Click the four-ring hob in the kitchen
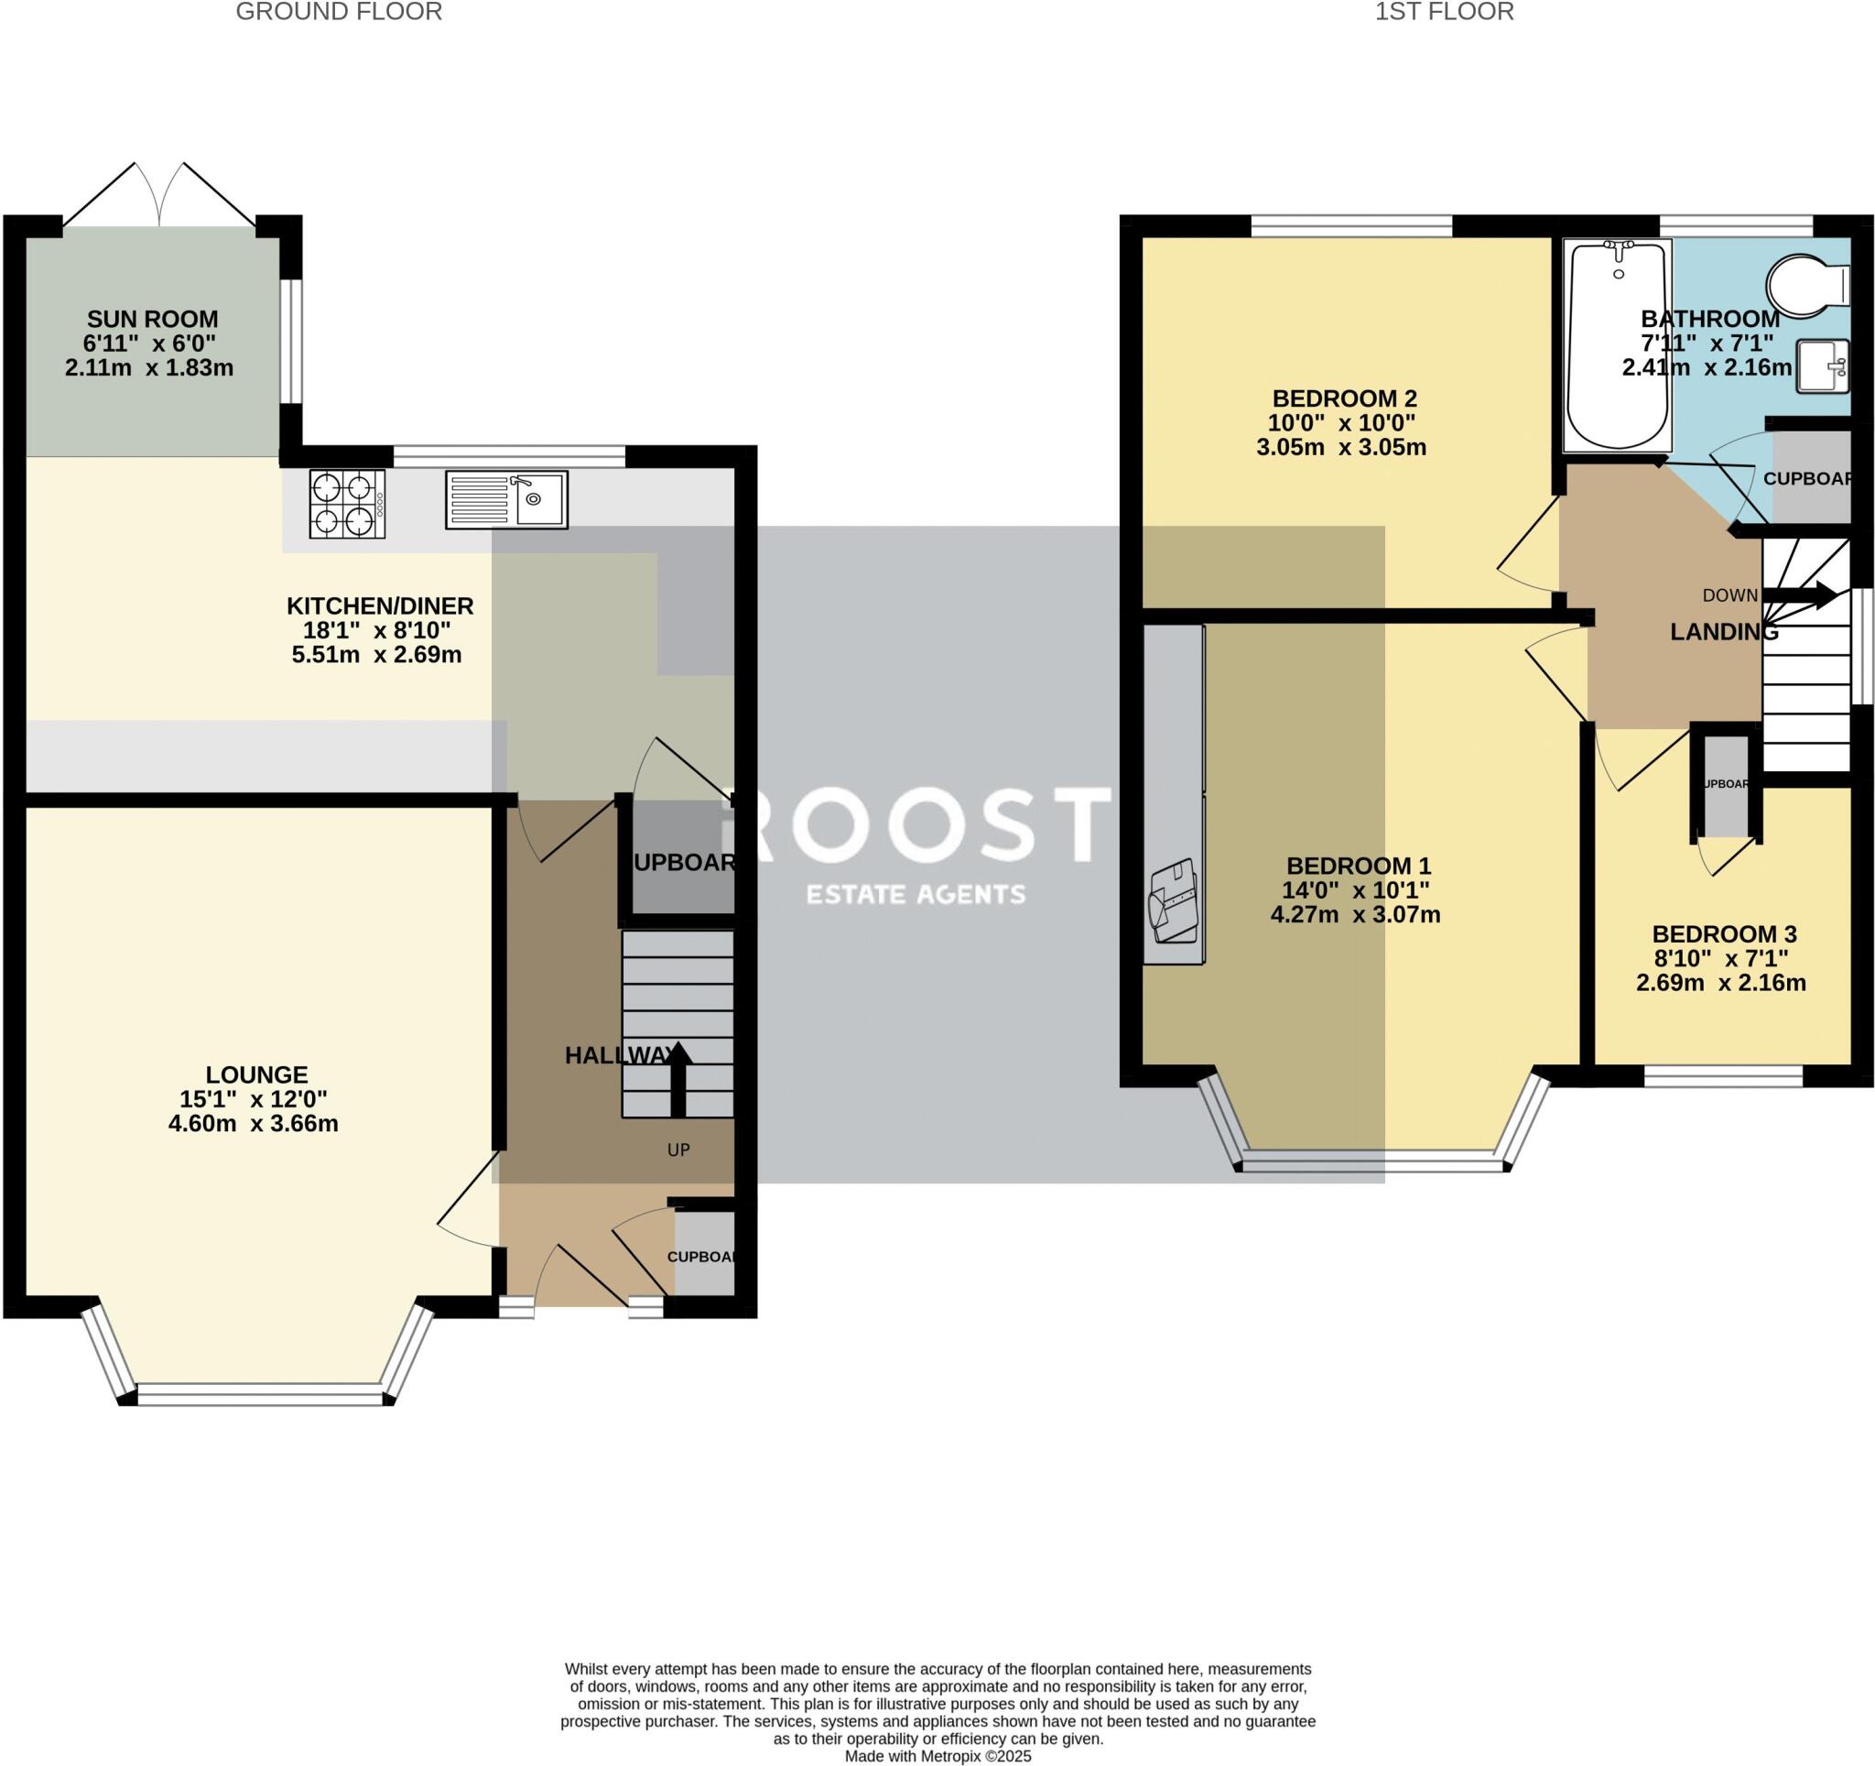tap(347, 504)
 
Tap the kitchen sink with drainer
tap(506, 499)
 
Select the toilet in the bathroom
tap(1806, 282)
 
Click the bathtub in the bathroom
tap(1617, 344)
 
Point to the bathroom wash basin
tap(1820, 366)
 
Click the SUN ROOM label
tap(152, 319)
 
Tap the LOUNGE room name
tap(256, 1074)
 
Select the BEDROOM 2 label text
tap(1344, 398)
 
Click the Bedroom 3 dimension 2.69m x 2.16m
tap(1720, 983)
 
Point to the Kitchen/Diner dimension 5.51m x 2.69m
tap(376, 655)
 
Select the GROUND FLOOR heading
tap(339, 12)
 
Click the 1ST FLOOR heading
tap(1443, 12)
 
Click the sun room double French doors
tap(159, 196)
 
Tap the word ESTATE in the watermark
tap(852, 893)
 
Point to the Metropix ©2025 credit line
tap(937, 1756)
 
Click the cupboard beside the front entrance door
tap(704, 1256)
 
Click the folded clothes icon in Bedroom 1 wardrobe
tap(1173, 901)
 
